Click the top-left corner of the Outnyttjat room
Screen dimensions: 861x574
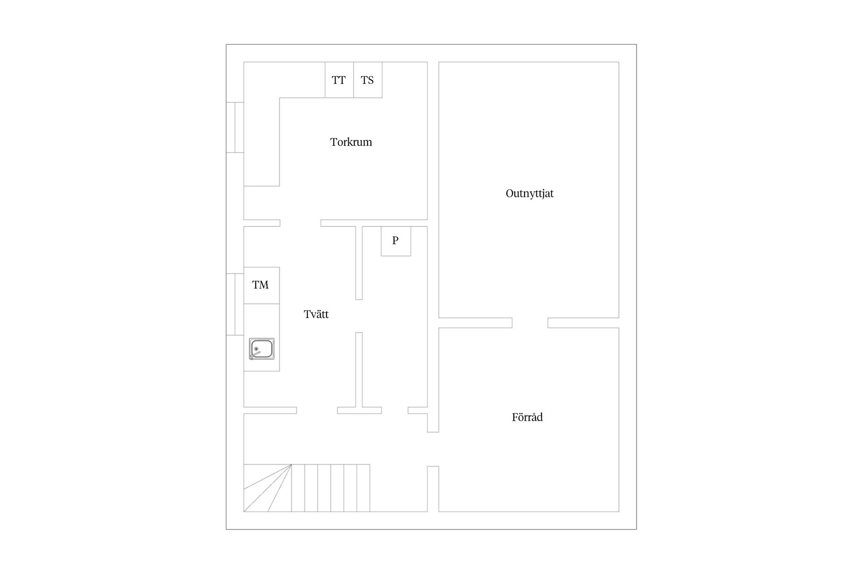point(439,62)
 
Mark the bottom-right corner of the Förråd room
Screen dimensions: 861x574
point(619,512)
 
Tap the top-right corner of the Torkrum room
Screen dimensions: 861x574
point(427,62)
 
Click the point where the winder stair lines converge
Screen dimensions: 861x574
point(291,465)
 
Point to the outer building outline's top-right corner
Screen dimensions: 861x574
point(636,44)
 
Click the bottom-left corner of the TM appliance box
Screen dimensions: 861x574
point(244,304)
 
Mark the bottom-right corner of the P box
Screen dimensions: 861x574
point(411,256)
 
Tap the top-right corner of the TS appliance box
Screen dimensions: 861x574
point(382,62)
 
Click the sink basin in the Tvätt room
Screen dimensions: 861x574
point(262,349)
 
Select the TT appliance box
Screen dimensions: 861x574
point(339,80)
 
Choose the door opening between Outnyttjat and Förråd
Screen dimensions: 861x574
point(530,323)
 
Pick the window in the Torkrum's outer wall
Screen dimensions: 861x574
point(235,127)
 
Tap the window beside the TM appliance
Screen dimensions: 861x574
point(235,304)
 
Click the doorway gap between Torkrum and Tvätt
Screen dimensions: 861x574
point(300,223)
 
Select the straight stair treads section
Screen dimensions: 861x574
point(330,488)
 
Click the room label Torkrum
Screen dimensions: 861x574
point(351,142)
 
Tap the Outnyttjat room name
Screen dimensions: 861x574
point(530,194)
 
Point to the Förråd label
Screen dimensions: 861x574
point(527,417)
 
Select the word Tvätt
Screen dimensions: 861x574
point(316,314)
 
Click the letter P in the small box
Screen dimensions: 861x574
point(395,240)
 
